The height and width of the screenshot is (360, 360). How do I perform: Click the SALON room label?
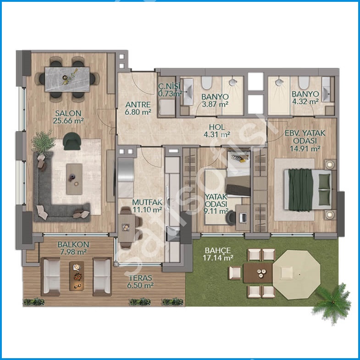click(x=68, y=113)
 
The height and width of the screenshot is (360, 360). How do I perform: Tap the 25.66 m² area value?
click(x=68, y=121)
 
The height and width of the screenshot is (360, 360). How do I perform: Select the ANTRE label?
click(x=138, y=105)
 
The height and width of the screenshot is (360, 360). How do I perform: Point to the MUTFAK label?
click(x=147, y=202)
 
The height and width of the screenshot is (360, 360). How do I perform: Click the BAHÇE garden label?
click(x=218, y=250)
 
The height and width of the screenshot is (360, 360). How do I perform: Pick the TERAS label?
click(x=140, y=278)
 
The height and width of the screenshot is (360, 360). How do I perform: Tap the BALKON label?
click(x=73, y=244)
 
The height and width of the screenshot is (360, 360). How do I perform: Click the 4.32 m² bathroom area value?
click(x=305, y=101)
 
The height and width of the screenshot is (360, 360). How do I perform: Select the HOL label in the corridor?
click(x=217, y=127)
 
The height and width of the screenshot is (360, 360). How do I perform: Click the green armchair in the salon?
click(x=72, y=141)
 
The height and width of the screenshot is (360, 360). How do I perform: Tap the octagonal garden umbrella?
click(x=296, y=275)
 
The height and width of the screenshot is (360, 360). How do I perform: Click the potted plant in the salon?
click(x=43, y=143)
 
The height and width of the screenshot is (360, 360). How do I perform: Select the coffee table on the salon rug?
click(x=74, y=179)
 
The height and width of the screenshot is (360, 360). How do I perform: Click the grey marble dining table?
click(x=67, y=79)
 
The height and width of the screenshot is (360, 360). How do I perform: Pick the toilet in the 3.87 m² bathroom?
click(x=206, y=83)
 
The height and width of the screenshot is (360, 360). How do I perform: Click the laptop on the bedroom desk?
click(x=243, y=218)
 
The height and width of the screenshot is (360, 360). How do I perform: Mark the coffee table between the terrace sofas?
click(x=77, y=276)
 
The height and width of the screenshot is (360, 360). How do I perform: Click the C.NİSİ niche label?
click(x=169, y=86)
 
